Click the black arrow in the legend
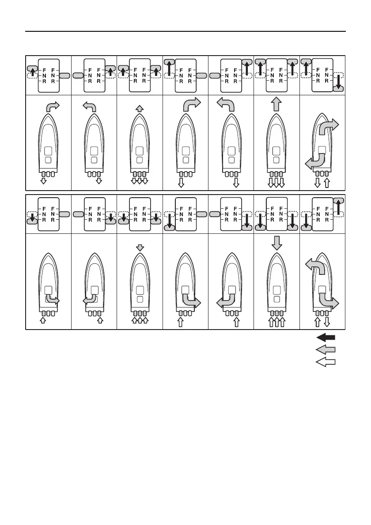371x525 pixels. (x=326, y=337)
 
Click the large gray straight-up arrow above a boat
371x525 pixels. (x=276, y=105)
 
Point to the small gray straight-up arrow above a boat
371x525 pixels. (x=140, y=108)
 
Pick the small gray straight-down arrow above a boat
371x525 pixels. (x=140, y=247)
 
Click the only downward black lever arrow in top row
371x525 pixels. (x=338, y=82)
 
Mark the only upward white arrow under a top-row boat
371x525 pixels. (x=326, y=183)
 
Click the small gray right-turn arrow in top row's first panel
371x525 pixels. (x=52, y=106)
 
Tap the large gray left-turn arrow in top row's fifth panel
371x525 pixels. (x=226, y=105)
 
